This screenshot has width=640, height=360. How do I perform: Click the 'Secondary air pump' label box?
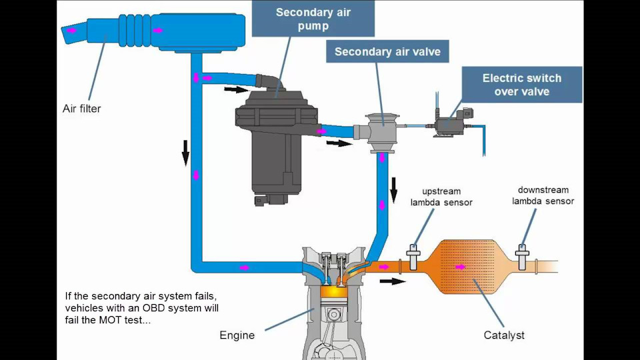313,19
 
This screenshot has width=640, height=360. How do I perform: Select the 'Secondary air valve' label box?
387,51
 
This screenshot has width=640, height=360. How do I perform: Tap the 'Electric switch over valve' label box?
521,85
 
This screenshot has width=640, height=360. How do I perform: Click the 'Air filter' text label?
81,109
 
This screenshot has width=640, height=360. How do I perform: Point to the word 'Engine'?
237,335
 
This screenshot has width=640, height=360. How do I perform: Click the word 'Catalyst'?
504,335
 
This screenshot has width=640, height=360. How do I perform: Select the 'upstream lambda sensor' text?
441,197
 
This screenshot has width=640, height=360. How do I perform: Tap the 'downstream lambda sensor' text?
543,195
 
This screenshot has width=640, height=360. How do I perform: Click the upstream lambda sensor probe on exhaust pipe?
413,257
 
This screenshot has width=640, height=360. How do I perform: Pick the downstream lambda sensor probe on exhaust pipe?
521,257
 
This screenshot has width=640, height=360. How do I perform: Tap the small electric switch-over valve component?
452,122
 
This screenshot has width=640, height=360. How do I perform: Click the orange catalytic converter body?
469,267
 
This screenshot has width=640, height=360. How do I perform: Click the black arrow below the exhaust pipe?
393,281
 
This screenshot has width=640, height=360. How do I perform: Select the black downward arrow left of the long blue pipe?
186,153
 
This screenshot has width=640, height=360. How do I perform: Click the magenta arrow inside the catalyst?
461,267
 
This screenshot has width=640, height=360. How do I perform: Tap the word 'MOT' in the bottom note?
110,320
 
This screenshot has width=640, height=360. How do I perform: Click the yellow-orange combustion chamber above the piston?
334,291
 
